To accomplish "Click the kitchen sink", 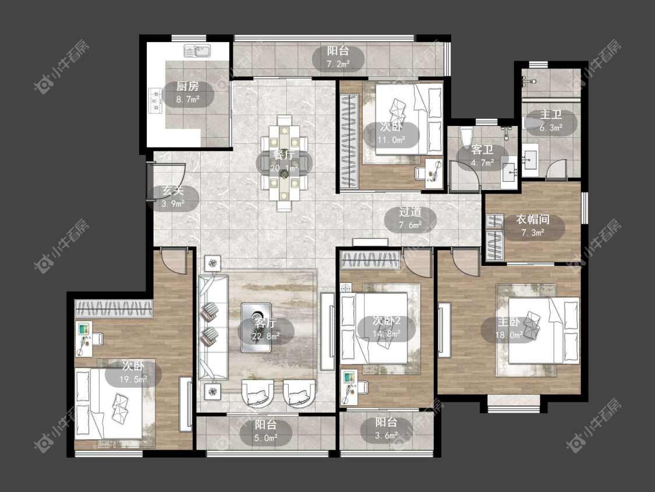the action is coord(197,51).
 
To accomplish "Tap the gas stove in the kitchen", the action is coord(155,100).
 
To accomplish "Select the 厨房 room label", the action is coord(187,86).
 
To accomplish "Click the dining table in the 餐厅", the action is coord(284,163).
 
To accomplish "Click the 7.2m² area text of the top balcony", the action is coord(338,64).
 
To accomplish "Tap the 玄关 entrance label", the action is coord(172,191).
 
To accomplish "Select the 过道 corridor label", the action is coord(410,212).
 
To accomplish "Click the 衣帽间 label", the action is coord(533,219).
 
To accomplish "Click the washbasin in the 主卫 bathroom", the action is coord(530,159).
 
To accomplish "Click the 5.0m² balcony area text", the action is coord(265,438).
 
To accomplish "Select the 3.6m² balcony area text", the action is coord(386,435).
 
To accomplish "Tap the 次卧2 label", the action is coord(387,321).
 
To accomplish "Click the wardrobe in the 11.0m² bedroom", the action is coord(349,141).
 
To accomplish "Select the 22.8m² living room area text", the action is coord(265,336).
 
